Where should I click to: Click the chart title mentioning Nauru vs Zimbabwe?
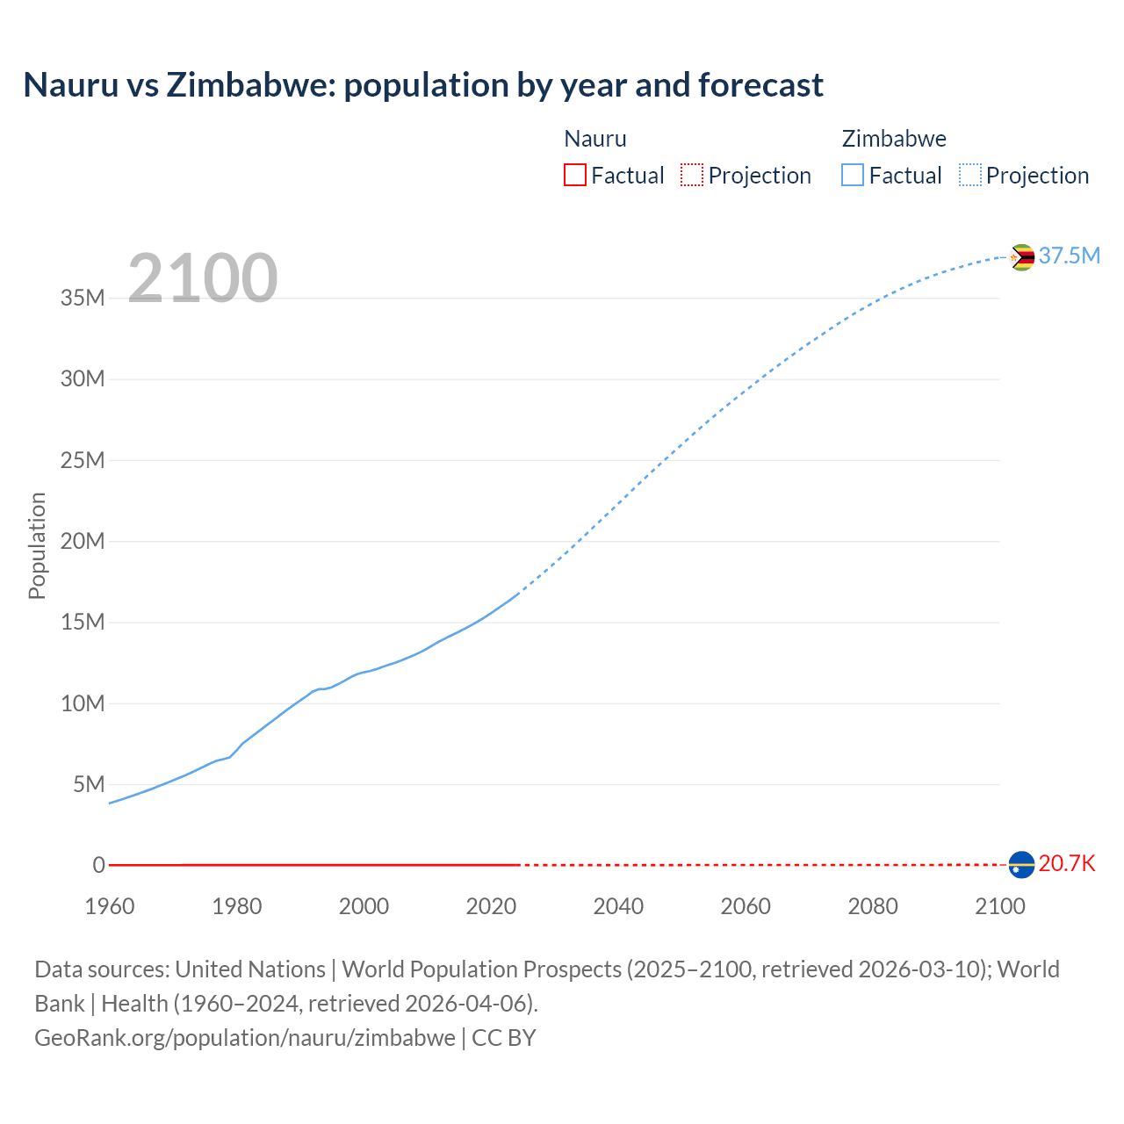(x=423, y=85)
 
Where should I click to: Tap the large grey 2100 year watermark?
(x=203, y=278)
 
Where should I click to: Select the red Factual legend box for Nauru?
(x=574, y=175)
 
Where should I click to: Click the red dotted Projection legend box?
(x=692, y=175)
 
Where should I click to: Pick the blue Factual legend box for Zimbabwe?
(x=852, y=175)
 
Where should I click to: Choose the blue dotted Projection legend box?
(x=969, y=175)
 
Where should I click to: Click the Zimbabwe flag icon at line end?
(x=1021, y=257)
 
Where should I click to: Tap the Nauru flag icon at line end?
(x=1021, y=865)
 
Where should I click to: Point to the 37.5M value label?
(x=1069, y=256)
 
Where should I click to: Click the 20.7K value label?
(x=1067, y=863)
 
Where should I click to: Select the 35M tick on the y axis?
(x=83, y=298)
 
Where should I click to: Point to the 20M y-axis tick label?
(x=83, y=541)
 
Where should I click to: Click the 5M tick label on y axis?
(x=89, y=784)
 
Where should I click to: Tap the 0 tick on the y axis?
(x=99, y=865)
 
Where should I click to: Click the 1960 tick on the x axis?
(x=110, y=906)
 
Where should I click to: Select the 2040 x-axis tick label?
(x=618, y=906)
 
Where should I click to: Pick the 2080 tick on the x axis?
(x=873, y=906)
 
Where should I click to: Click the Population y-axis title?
(x=37, y=545)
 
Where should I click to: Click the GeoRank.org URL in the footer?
(x=245, y=1038)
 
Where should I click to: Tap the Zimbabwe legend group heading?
(x=894, y=139)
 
